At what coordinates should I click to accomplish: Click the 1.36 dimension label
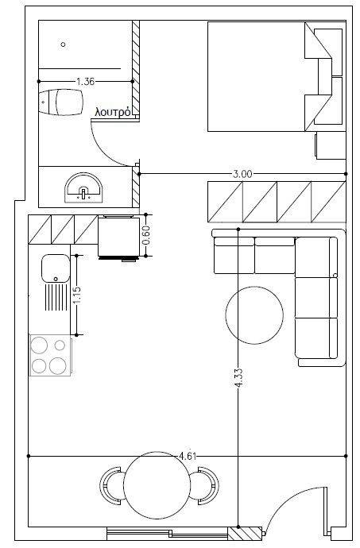tap(85, 82)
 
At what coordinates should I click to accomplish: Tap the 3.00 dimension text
tap(242, 174)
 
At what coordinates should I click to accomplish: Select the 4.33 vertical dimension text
tap(238, 378)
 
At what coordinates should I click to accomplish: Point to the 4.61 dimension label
tap(188, 456)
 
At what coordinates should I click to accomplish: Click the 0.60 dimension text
tap(146, 235)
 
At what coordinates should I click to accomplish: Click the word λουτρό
tap(114, 112)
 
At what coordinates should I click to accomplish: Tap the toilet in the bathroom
tap(60, 102)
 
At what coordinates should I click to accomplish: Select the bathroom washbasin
tap(83, 187)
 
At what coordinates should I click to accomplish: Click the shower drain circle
tap(64, 44)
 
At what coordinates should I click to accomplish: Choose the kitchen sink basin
tap(56, 268)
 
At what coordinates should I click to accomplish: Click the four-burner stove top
tap(50, 355)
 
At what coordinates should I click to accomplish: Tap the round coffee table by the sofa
tap(254, 315)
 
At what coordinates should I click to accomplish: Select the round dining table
tap(157, 485)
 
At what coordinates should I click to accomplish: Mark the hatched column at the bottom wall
tap(245, 534)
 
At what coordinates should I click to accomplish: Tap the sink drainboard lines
tap(56, 297)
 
